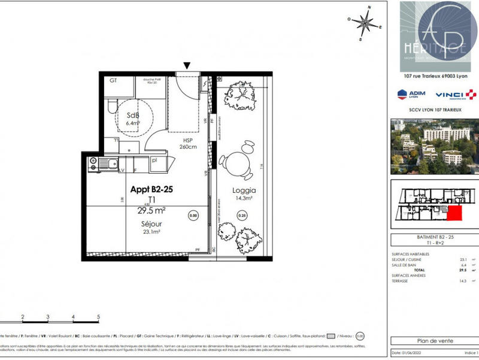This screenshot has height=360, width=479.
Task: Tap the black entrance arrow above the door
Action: pyautogui.click(x=187, y=66)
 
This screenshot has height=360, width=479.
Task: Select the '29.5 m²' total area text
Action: pyautogui.click(x=151, y=210)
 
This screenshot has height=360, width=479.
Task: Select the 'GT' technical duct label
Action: pyautogui.click(x=113, y=80)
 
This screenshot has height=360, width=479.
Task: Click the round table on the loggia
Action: pyautogui.click(x=239, y=161)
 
